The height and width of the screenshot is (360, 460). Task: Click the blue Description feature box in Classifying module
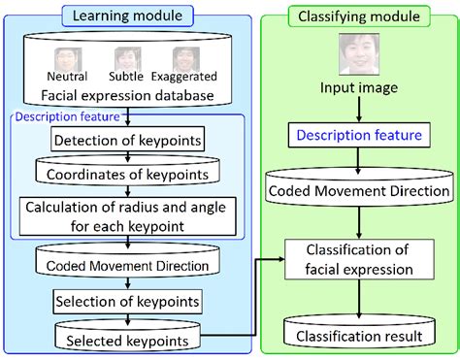pos(360,136)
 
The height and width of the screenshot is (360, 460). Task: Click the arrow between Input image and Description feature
pos(360,111)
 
